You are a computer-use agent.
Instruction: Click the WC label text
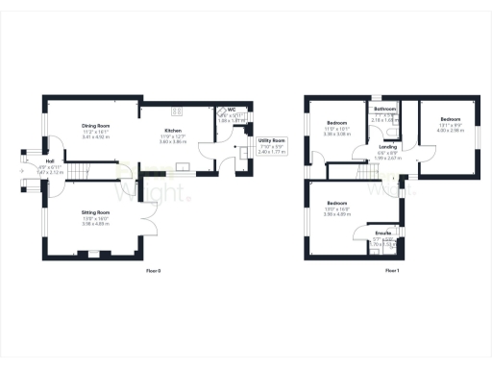[232, 110]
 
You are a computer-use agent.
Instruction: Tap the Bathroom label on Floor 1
[386, 110]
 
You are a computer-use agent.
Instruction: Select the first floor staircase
[365, 171]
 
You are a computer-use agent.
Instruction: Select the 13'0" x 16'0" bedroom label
[336, 209]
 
